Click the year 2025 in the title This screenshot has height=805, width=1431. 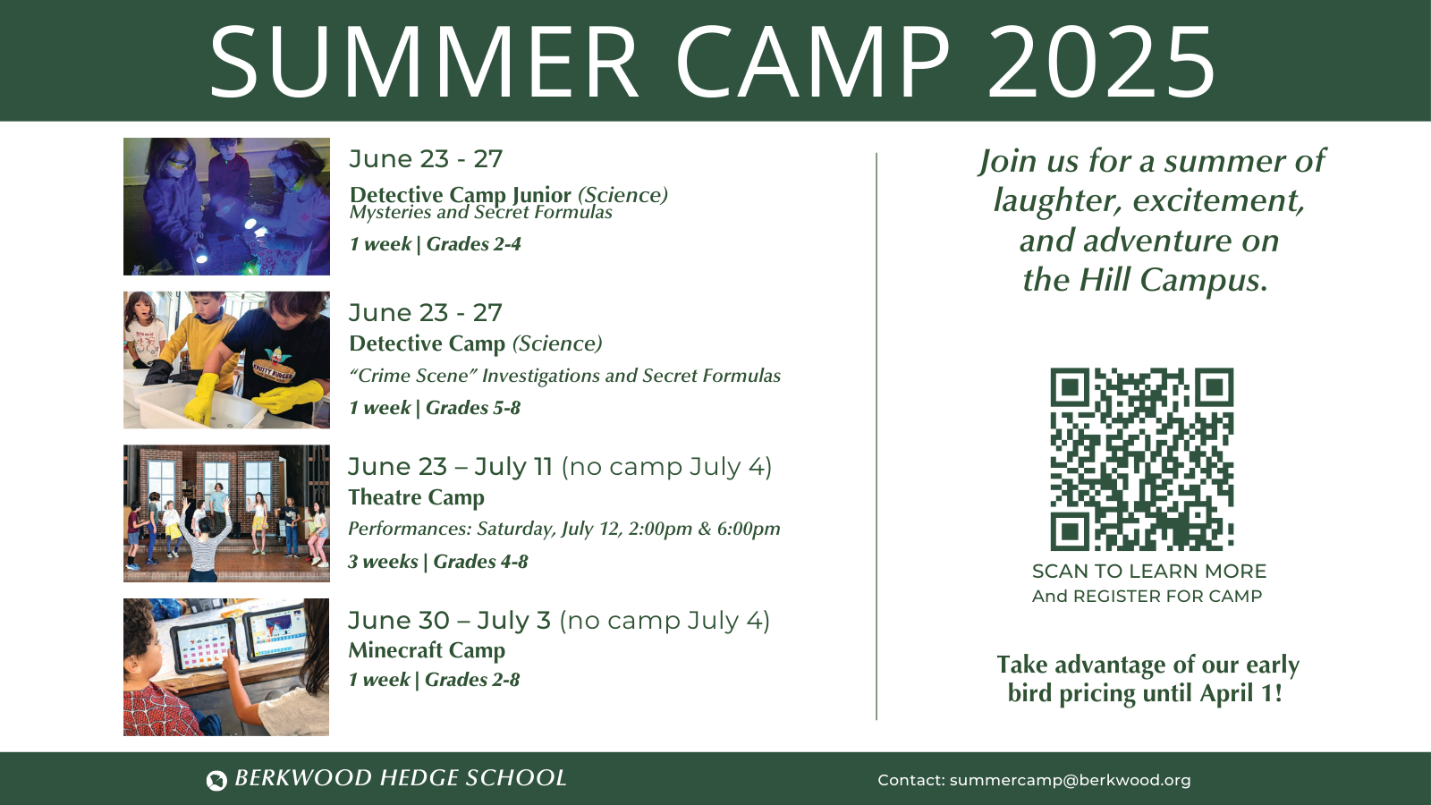pos(1101,63)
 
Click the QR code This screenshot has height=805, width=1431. pos(1141,459)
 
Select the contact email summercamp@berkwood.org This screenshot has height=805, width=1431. pos(1070,780)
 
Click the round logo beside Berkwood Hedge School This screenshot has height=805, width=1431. pos(216,780)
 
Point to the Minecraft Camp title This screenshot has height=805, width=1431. pos(427,650)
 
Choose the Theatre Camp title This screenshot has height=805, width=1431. pos(416,497)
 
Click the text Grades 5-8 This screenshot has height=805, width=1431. pos(473,408)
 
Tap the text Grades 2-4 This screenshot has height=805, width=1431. pos(474,244)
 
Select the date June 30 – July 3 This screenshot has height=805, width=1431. pos(449,621)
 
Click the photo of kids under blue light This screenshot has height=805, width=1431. pos(226,206)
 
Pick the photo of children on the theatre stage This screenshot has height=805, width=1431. pos(226,513)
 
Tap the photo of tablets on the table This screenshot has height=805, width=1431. pos(226,667)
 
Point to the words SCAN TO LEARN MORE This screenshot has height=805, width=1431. pos(1148,572)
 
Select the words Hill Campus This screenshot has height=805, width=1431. pos(1172,281)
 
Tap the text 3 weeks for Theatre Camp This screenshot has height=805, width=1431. pos(383,562)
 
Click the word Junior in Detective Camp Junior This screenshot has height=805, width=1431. pos(541,195)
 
